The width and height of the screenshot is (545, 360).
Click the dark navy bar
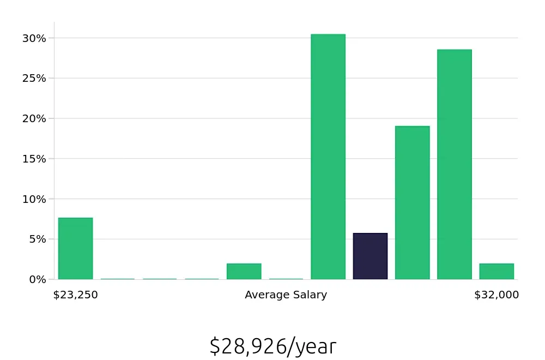[370, 256]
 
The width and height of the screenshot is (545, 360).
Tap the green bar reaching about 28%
[454, 164]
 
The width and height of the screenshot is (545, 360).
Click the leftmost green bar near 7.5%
[75, 249]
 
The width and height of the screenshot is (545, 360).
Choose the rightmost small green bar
[496, 272]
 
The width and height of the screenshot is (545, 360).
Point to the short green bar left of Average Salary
[244, 272]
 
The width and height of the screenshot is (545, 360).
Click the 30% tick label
[34, 38]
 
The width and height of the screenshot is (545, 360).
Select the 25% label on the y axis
[34, 78]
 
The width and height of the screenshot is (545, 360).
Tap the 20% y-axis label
[34, 118]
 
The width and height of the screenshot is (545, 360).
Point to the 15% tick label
[34, 159]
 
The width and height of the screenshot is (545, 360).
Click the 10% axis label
[34, 199]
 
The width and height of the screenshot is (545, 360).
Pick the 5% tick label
[37, 239]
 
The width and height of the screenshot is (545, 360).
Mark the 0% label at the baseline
[37, 279]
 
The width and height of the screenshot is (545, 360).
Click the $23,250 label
[75, 295]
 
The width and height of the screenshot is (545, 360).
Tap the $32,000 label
[496, 295]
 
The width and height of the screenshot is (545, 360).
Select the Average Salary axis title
[286, 295]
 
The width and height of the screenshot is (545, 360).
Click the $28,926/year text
[272, 346]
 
